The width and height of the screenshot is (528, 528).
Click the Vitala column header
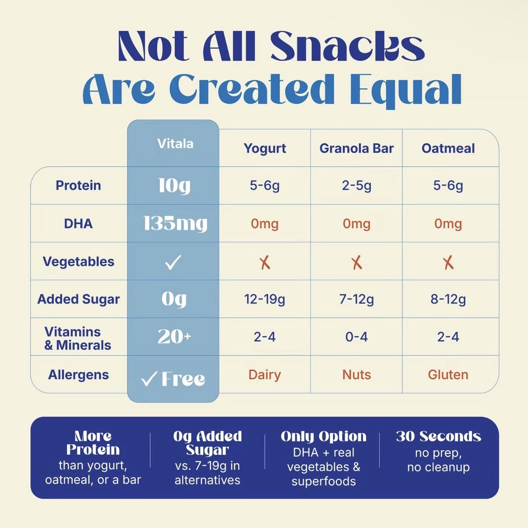click(x=175, y=143)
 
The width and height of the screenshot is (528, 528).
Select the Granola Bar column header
click(x=356, y=148)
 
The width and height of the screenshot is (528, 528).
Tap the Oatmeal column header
click(x=448, y=148)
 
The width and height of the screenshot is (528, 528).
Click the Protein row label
click(x=78, y=186)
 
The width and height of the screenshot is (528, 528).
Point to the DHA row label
click(x=78, y=224)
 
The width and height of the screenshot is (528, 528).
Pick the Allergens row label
click(x=78, y=375)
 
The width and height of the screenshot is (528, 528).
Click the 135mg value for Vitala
click(x=175, y=224)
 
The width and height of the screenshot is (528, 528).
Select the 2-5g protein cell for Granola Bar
click(x=356, y=186)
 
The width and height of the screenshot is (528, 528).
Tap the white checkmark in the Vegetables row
click(x=173, y=262)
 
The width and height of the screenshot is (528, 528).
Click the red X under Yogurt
click(x=265, y=263)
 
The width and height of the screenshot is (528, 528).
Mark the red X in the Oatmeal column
click(x=448, y=263)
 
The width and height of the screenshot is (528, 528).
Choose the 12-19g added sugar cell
click(x=264, y=299)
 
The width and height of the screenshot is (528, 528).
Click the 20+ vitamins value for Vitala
click(x=174, y=337)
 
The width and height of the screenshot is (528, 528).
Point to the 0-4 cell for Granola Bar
click(x=356, y=337)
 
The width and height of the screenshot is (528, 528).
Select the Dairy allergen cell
click(x=265, y=375)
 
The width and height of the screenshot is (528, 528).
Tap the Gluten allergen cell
click(x=448, y=375)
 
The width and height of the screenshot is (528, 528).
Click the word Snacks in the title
click(x=348, y=46)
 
